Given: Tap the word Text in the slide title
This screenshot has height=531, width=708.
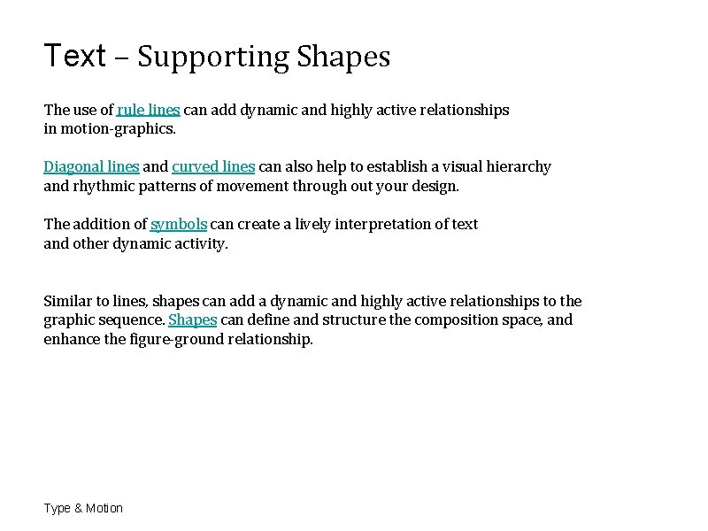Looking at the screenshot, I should coord(75,56).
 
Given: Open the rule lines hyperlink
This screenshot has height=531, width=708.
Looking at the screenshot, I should coord(148,111).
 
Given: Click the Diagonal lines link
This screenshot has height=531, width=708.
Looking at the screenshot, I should coord(91,167).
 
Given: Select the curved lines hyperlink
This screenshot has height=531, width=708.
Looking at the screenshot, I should coord(213,167).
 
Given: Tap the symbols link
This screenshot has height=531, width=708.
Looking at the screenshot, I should coord(179,225).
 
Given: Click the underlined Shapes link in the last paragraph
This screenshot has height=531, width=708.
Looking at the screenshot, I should coord(192,320).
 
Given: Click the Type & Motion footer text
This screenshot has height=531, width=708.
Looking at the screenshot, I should coord(83,508).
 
